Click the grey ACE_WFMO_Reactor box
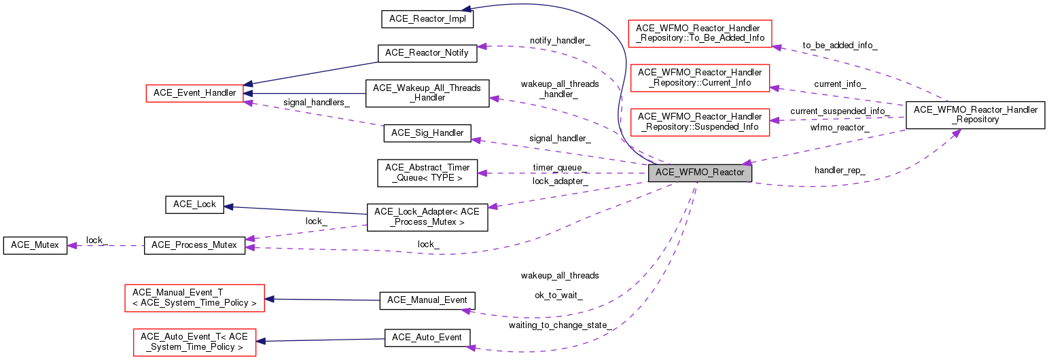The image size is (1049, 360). click(700, 173)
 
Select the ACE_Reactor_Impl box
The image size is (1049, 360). click(427, 18)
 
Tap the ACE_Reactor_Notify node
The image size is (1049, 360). click(427, 53)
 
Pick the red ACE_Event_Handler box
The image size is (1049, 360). click(194, 92)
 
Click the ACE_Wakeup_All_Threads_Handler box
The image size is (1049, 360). click(427, 93)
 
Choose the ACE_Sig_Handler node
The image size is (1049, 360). click(427, 133)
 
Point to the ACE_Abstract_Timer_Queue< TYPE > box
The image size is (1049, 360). click(427, 173)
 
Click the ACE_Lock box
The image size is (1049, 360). click(194, 204)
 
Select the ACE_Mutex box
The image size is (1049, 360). click(35, 245)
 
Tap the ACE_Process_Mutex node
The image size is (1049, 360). click(194, 245)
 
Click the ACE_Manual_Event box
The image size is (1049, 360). click(427, 300)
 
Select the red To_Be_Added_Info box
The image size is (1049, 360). click(700, 33)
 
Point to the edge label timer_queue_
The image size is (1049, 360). click(561, 167)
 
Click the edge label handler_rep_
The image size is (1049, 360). click(840, 170)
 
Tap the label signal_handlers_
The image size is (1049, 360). click(317, 103)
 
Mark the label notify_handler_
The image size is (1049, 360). click(560, 41)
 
